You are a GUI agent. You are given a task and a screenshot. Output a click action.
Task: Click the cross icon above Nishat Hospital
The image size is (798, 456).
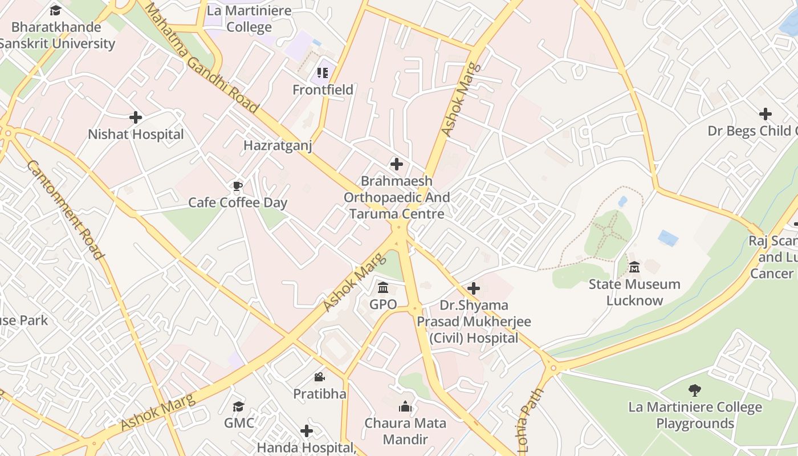[x=136, y=117]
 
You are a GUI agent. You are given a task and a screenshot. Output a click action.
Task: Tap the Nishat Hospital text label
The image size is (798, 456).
[x=136, y=135]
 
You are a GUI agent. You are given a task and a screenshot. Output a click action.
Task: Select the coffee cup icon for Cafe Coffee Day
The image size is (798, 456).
[x=238, y=186]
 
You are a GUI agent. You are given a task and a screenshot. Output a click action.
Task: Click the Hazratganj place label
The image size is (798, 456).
[x=278, y=145]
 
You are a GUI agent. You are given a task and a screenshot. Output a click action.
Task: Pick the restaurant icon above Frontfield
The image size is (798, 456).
[x=323, y=73]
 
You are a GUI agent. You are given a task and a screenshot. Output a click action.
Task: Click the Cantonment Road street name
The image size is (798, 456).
[x=66, y=209]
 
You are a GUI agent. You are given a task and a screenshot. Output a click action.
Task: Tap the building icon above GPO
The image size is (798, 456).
[x=383, y=287]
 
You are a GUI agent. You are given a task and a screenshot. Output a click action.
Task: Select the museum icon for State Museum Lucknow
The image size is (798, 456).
[x=634, y=267]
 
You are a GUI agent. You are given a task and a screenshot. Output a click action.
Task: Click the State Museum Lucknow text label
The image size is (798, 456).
[x=634, y=292]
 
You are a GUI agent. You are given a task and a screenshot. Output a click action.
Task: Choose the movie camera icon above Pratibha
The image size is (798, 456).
[x=320, y=377]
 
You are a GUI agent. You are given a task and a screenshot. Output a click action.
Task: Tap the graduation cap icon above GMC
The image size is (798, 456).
[x=239, y=406]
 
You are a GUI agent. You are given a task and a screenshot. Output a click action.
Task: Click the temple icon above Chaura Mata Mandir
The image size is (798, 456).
[x=405, y=406]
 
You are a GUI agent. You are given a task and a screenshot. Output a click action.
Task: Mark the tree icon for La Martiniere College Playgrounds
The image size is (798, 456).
[x=694, y=390]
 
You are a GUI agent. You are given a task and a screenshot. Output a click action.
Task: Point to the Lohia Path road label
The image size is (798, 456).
[x=531, y=409]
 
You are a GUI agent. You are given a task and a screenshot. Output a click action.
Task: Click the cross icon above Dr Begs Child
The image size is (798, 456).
[x=766, y=114]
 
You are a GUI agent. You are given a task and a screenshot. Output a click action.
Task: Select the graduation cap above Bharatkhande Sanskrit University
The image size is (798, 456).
[x=55, y=10]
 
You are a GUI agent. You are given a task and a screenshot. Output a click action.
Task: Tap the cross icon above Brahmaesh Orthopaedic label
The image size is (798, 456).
[x=396, y=165]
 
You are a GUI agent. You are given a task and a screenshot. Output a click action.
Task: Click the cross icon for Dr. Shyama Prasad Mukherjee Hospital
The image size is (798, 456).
[x=473, y=288]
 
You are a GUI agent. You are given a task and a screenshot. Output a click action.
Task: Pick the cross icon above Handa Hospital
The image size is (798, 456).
[x=307, y=431]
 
